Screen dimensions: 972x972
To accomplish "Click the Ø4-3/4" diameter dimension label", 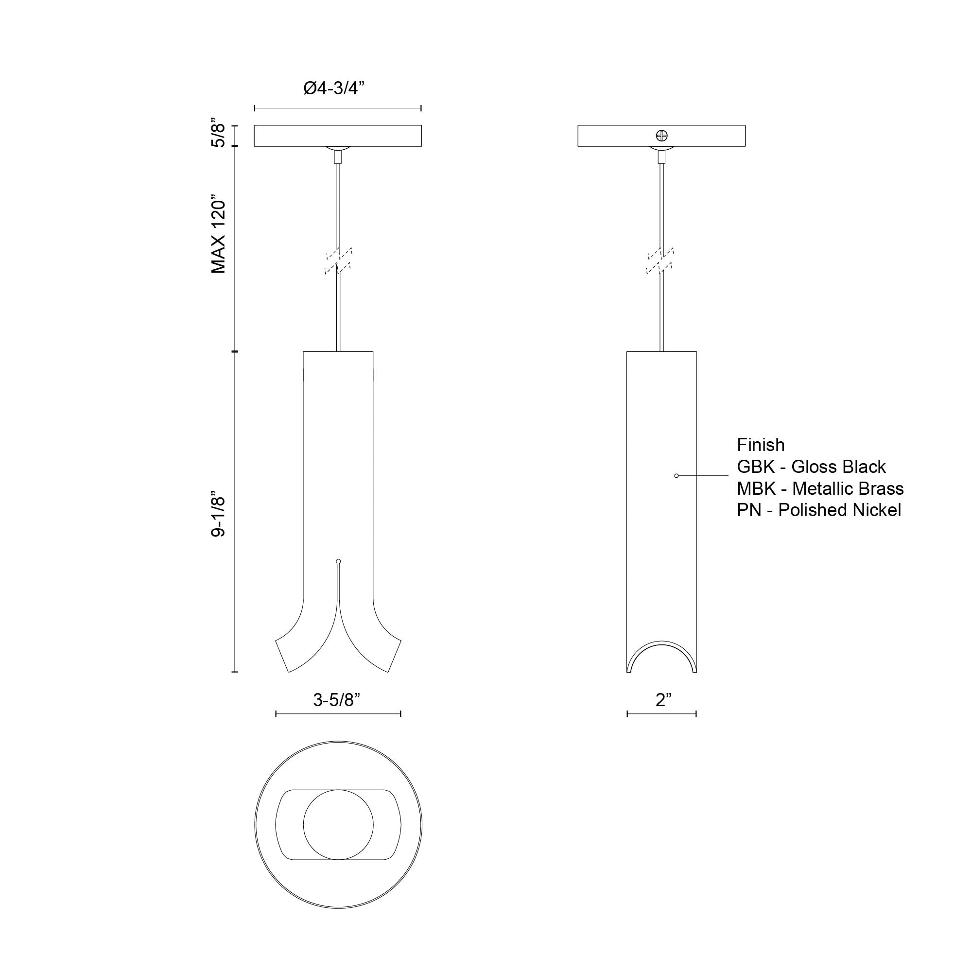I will tap(333, 88).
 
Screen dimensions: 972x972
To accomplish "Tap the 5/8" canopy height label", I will tap(218, 133).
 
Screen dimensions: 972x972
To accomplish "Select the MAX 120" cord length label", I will tap(218, 234).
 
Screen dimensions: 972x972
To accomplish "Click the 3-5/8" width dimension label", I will tap(337, 700).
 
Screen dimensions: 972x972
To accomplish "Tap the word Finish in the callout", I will tap(760, 445).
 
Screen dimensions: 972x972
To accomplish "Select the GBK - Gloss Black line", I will tap(811, 467).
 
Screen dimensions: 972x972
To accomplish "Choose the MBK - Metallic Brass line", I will tap(820, 488).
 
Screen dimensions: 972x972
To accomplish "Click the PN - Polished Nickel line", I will tap(818, 510).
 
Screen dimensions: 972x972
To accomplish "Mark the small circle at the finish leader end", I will tap(676, 475).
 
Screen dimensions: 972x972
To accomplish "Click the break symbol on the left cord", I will tap(338, 260).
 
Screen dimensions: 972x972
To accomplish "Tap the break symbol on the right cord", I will tap(660, 260).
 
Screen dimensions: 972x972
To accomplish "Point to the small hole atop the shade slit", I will tap(338, 561).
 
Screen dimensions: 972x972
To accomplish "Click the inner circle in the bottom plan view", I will tap(338, 825).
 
